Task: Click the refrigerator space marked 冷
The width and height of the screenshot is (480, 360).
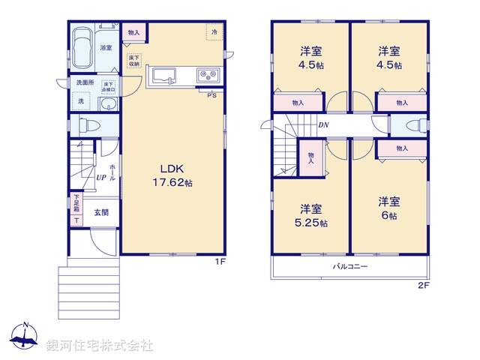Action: [214, 32]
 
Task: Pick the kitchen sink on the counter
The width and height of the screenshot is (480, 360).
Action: [164, 75]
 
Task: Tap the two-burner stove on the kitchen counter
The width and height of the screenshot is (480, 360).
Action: [207, 75]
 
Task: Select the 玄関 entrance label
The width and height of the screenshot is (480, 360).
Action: [101, 213]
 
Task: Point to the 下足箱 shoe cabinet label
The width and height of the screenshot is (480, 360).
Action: [76, 203]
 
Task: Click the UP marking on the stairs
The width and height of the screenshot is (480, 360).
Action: [100, 178]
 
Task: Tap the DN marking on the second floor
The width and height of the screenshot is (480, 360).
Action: [322, 125]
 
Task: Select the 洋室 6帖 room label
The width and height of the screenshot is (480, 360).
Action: [388, 208]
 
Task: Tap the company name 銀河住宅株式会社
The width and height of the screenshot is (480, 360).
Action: [99, 346]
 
